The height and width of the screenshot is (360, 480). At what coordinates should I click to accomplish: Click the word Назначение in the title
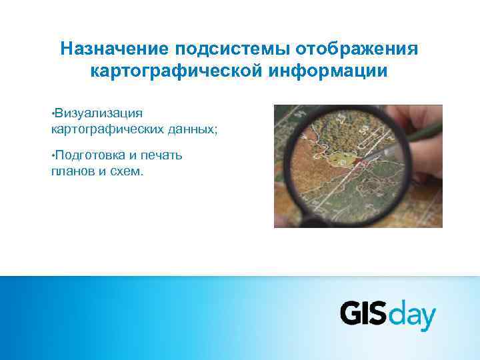point(115,49)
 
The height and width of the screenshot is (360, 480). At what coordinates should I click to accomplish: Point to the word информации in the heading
point(339,70)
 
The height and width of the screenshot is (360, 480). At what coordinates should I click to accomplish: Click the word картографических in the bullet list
point(106,129)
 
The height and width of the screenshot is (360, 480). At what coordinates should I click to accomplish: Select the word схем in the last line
point(126,171)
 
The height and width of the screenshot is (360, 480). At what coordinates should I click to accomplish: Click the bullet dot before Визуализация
point(53,111)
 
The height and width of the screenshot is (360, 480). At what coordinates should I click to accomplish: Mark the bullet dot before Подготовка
point(53,154)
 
